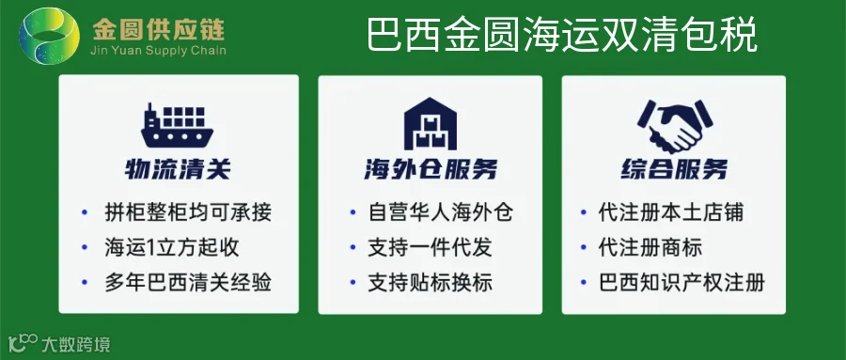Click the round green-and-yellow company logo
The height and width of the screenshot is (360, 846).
click(x=49, y=36)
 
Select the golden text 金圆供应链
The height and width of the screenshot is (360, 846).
click(x=159, y=30)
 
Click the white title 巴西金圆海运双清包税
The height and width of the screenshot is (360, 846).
click(x=562, y=35)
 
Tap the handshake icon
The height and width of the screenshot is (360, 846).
click(x=674, y=126)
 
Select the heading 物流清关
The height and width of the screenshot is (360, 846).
click(x=178, y=169)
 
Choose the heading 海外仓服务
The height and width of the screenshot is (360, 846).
click(x=430, y=169)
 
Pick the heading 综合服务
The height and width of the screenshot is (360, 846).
click(x=674, y=169)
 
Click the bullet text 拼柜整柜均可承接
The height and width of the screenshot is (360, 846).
click(x=188, y=212)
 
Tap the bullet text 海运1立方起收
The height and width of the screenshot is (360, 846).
click(x=172, y=247)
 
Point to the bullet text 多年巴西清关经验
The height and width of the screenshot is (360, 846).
click(x=188, y=282)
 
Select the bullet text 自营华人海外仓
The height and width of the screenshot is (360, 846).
click(x=440, y=212)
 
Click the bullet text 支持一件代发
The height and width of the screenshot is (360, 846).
click(x=430, y=247)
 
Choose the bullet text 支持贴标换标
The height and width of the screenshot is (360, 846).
click(x=430, y=282)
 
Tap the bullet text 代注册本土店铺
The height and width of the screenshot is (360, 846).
click(x=670, y=212)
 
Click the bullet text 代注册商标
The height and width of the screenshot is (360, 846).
click(x=650, y=247)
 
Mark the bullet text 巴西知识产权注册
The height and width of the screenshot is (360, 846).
click(x=681, y=282)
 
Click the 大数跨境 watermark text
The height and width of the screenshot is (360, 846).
click(x=75, y=344)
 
